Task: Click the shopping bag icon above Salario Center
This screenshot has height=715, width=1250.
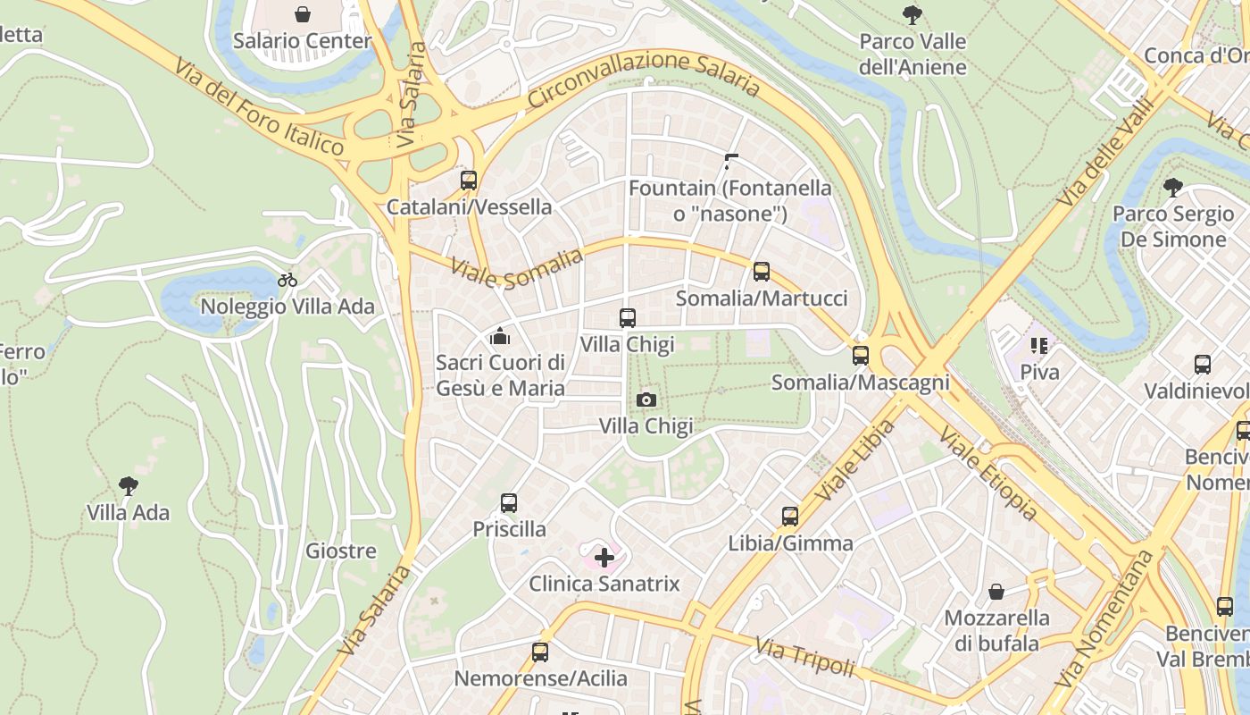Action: [x=303, y=14]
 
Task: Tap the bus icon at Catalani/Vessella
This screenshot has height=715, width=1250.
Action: [x=469, y=181]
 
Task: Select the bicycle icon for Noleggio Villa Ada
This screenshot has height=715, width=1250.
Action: [x=287, y=280]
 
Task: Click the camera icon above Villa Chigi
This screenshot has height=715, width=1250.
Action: [x=646, y=400]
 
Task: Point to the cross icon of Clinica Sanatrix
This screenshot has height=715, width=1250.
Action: [x=604, y=558]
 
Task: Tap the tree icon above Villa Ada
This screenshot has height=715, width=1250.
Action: [x=129, y=486]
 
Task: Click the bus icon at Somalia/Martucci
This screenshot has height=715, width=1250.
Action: [x=762, y=272]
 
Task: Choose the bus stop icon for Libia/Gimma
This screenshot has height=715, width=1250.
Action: [x=790, y=517]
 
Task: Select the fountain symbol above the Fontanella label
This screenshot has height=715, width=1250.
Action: [x=731, y=162]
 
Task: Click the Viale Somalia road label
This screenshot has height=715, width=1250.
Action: [x=517, y=268]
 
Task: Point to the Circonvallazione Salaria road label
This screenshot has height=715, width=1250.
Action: [x=643, y=75]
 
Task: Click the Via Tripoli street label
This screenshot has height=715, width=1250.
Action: [x=804, y=657]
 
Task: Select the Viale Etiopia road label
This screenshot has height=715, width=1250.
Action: [x=987, y=473]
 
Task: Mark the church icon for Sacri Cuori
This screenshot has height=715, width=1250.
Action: [x=499, y=337]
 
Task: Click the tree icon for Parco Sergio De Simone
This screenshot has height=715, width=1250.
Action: [x=1173, y=188]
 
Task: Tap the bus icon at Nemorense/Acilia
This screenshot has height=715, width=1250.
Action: [x=540, y=652]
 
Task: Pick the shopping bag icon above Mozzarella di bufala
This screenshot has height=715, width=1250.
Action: [x=996, y=592]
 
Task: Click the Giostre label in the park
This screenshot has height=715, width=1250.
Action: [x=340, y=551]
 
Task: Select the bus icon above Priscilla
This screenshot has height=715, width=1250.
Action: [x=509, y=503]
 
